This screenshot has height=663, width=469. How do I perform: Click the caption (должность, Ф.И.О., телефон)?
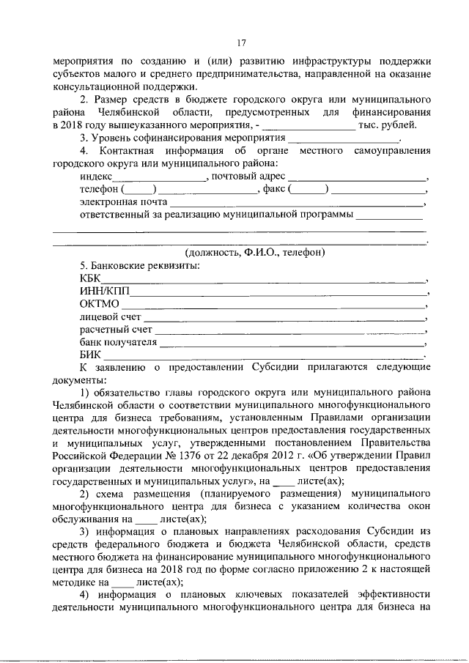click(x=255, y=252)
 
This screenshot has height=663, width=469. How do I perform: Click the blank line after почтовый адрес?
click(x=357, y=177)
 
